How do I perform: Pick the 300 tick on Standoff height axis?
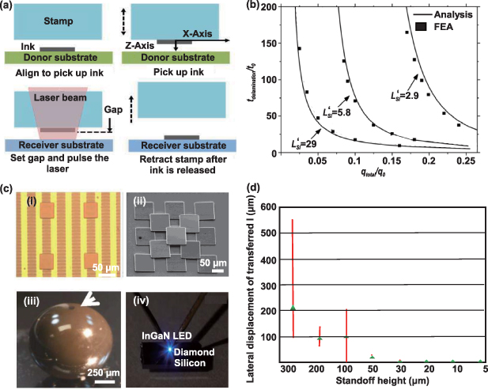click(x=292, y=369)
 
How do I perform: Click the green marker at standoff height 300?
click(x=293, y=308)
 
